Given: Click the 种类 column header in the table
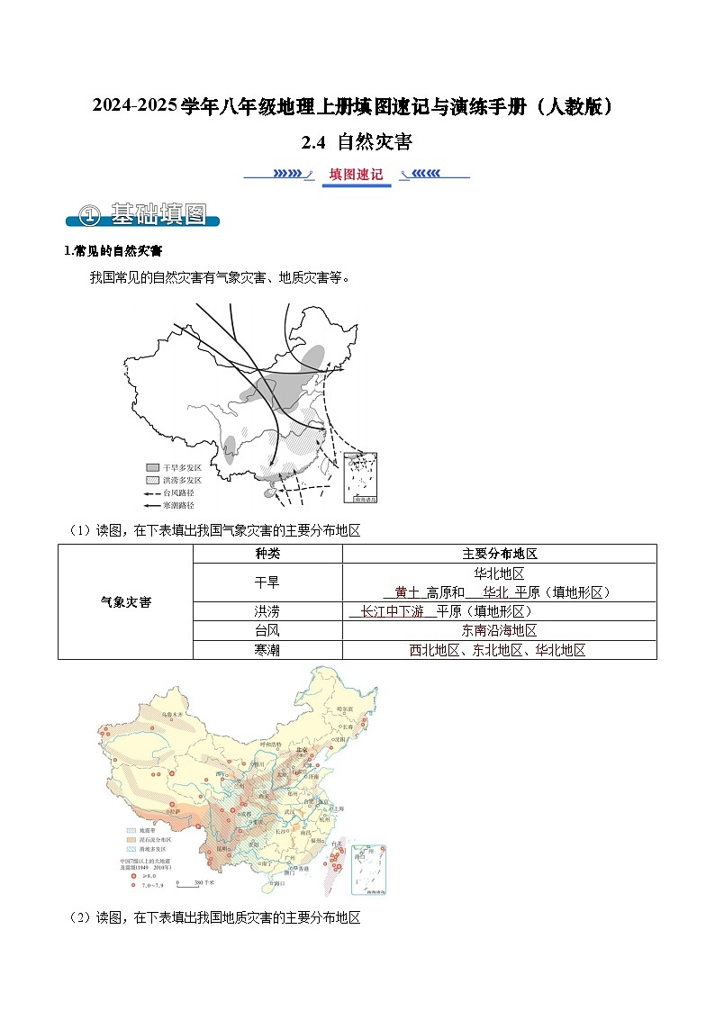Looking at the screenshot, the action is click(x=267, y=555).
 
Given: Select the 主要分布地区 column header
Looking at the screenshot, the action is click(x=500, y=555).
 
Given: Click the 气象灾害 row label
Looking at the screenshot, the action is click(x=126, y=602).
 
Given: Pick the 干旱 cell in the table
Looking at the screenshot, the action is click(x=267, y=582).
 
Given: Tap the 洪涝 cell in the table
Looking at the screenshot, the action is click(x=267, y=611).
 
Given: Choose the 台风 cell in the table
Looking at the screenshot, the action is click(x=267, y=630).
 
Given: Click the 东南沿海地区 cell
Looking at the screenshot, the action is click(x=500, y=630).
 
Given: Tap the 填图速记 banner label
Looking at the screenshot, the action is click(x=357, y=175).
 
